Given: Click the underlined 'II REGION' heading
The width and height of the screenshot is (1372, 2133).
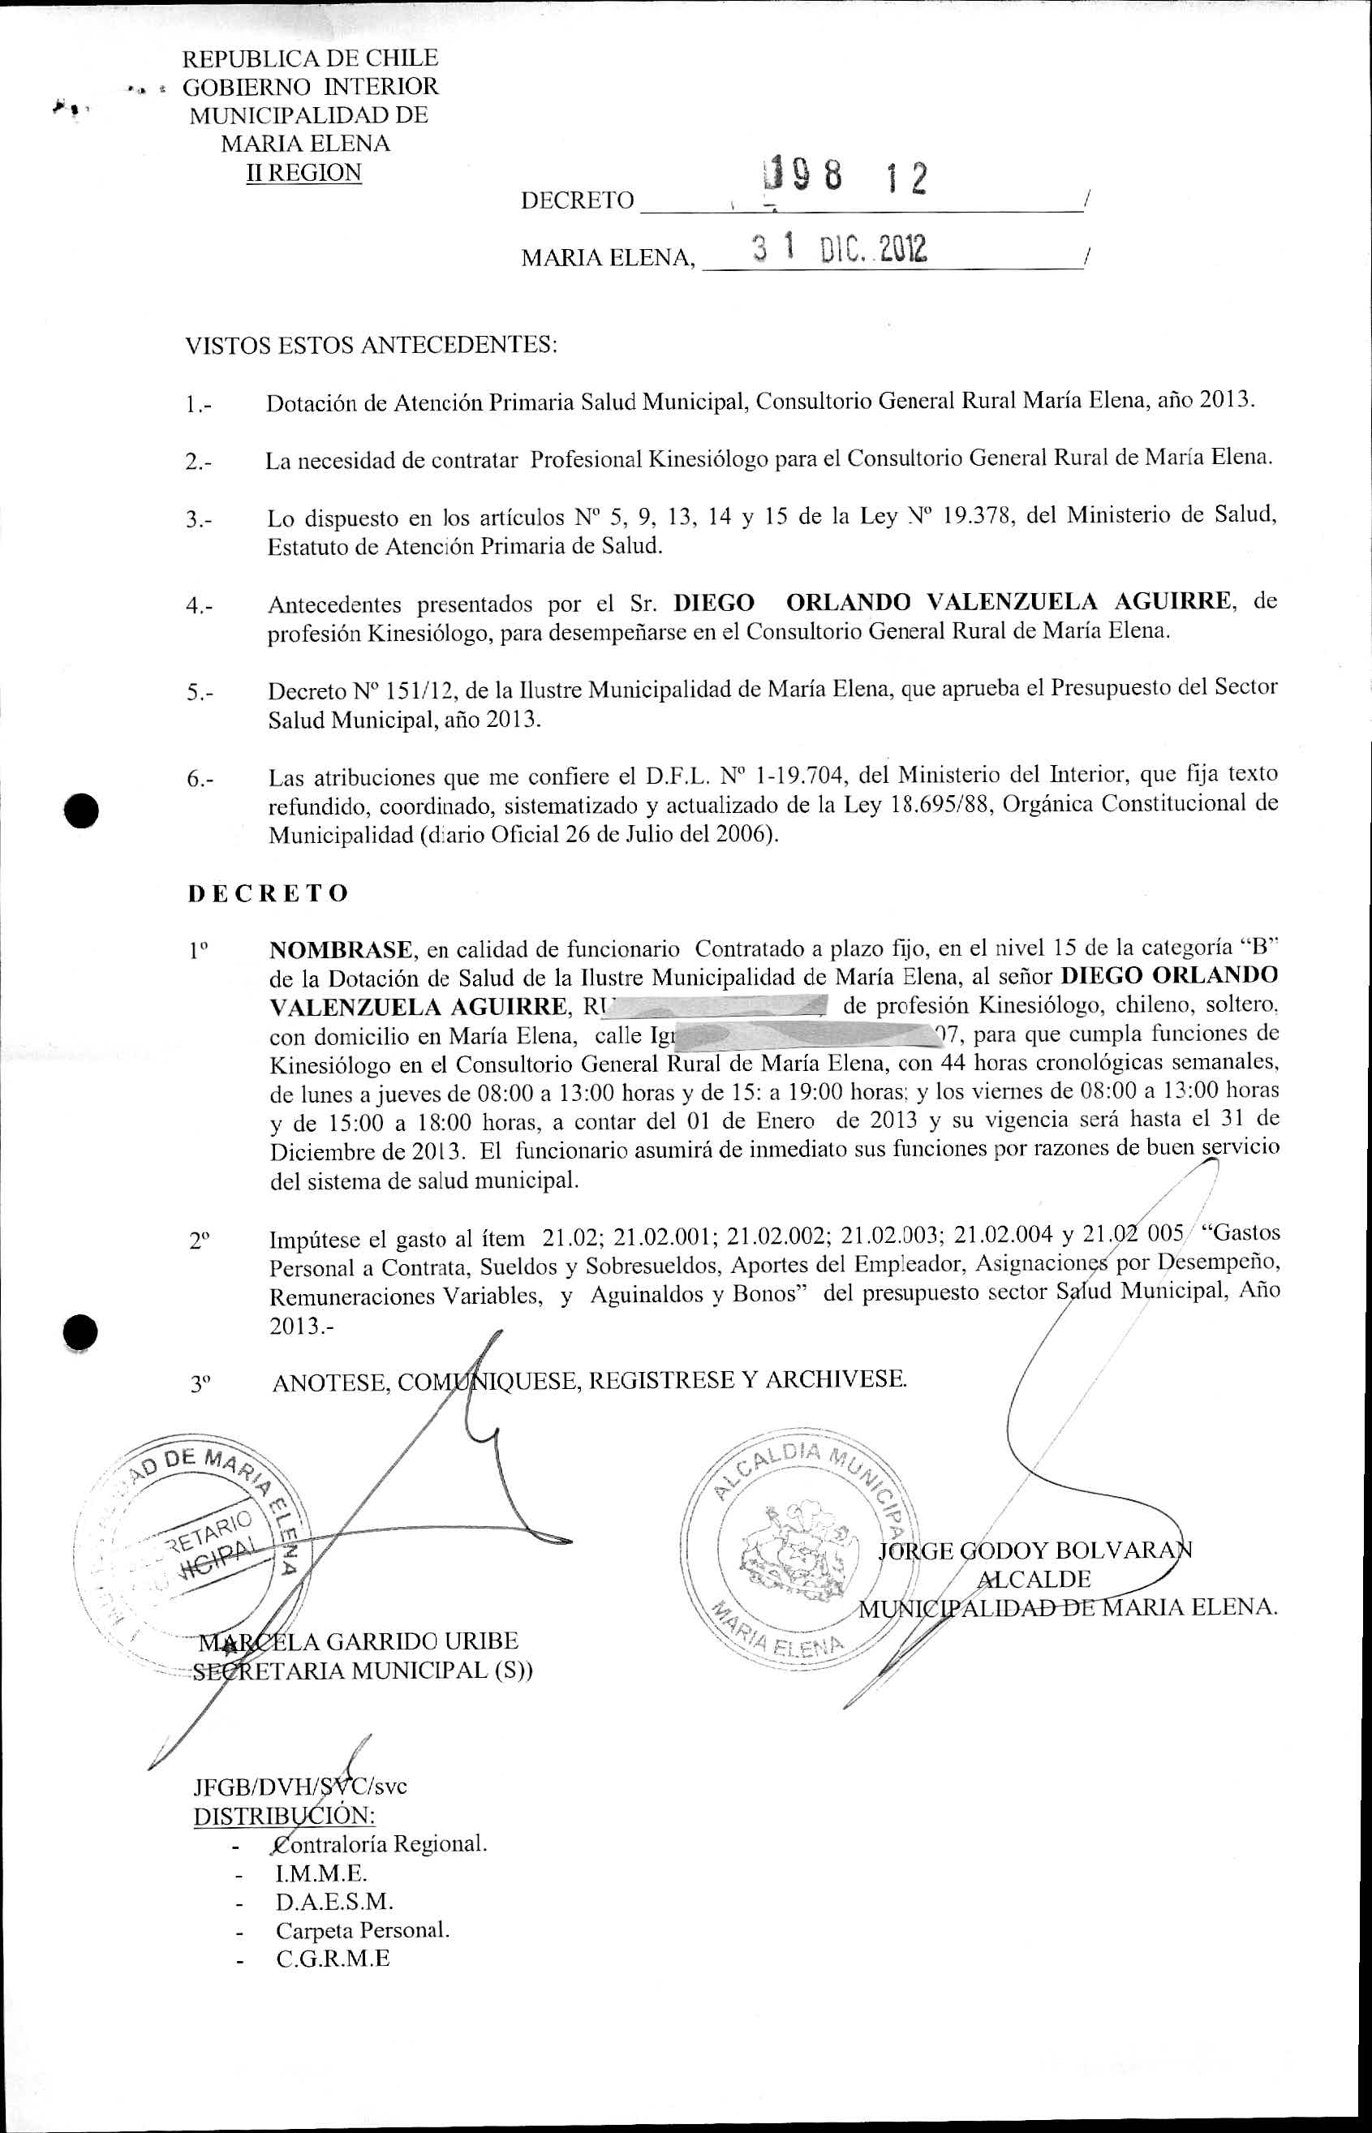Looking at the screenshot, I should [303, 172].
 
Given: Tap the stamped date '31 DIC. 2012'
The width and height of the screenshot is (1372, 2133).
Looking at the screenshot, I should [838, 249].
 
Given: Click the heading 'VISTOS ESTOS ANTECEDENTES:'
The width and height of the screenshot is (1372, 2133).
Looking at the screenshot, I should [371, 345].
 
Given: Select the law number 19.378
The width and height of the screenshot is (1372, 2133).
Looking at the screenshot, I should [978, 516].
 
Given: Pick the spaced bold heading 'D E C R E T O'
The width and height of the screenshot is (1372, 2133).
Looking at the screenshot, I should [269, 893].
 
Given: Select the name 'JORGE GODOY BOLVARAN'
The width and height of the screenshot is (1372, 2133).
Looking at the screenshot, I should [1034, 1550].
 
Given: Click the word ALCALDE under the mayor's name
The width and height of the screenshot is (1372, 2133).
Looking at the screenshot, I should [1034, 1579].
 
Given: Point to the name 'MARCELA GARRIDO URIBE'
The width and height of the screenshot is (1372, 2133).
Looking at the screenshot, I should [359, 1641].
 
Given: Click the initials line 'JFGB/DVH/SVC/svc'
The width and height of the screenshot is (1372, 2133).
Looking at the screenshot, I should [300, 1786].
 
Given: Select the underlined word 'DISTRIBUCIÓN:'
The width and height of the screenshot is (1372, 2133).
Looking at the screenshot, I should [284, 1814].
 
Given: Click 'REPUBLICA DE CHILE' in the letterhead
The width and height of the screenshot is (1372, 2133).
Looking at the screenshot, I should [310, 58].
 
